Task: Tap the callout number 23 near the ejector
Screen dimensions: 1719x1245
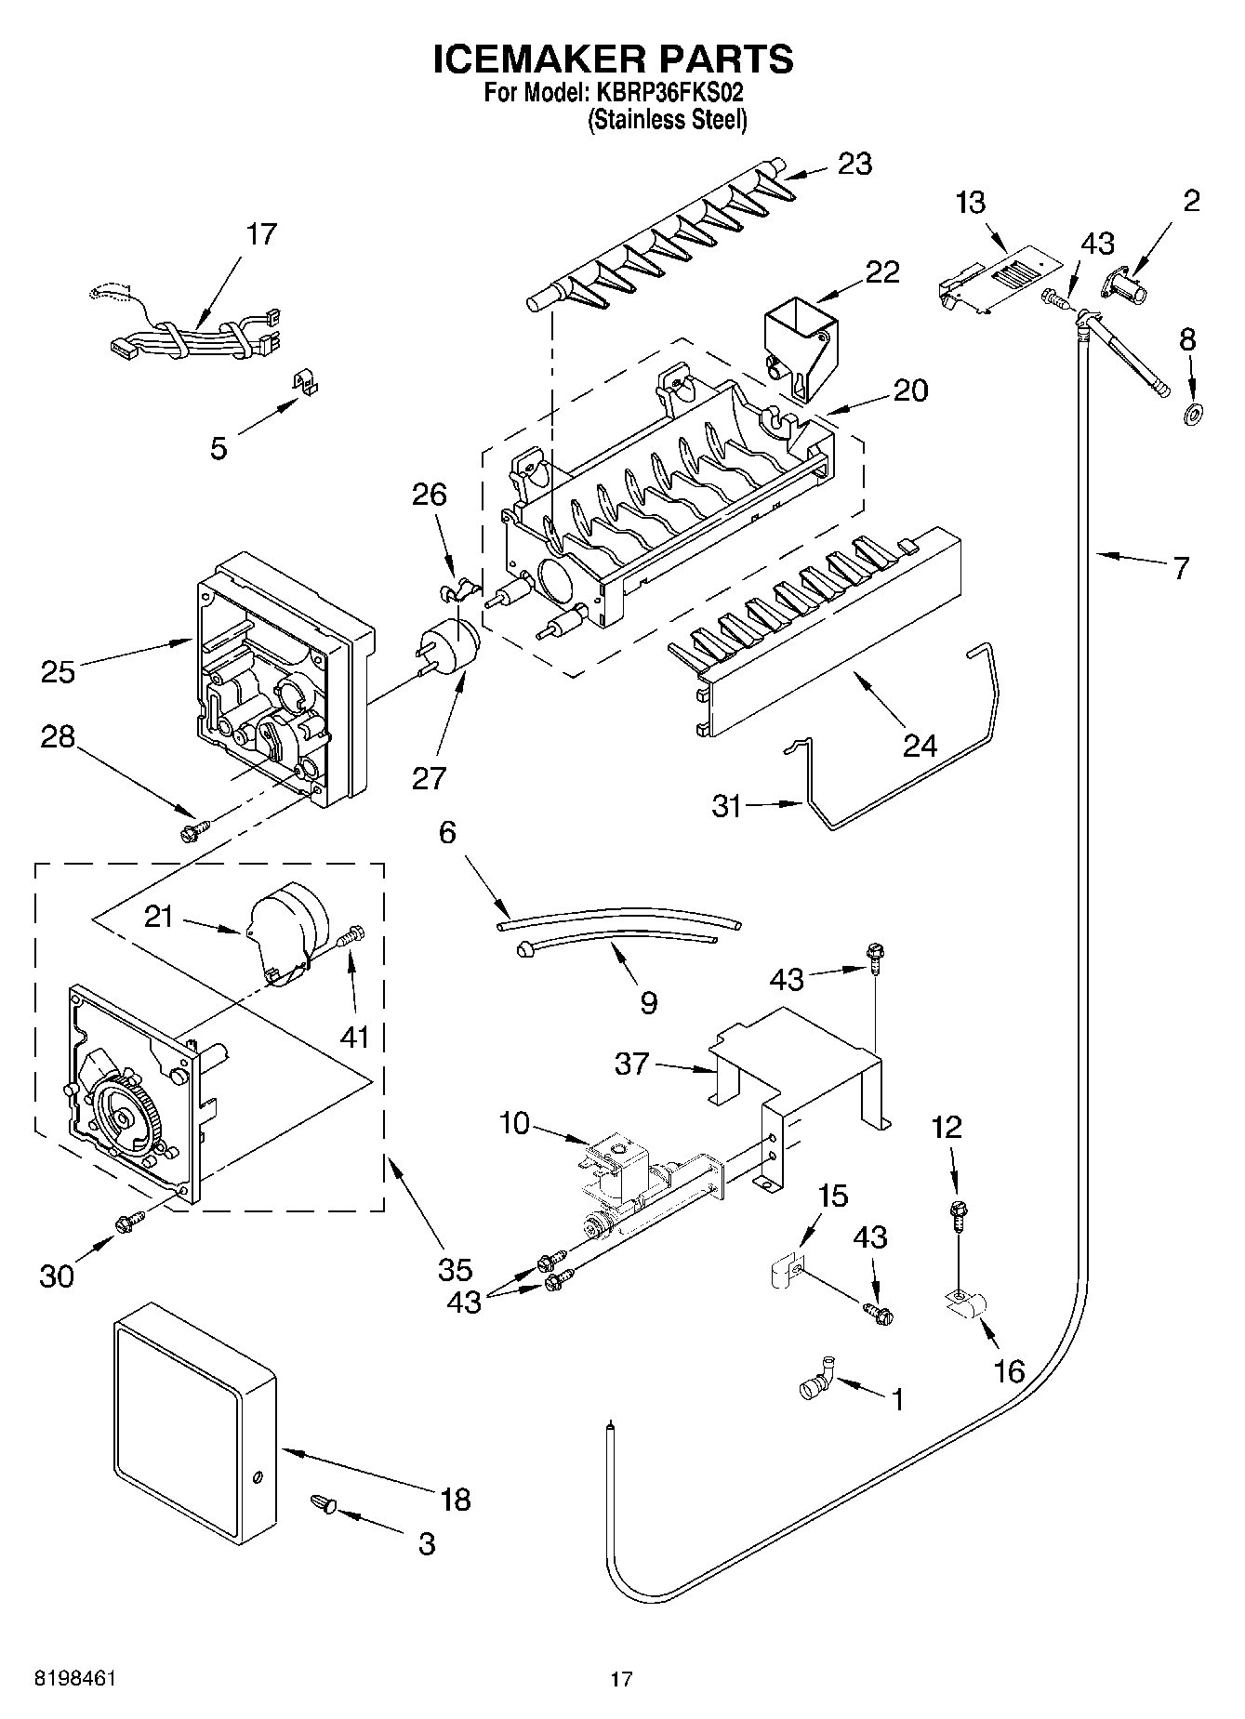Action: [x=854, y=164]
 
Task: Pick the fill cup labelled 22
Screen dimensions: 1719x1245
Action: [x=799, y=345]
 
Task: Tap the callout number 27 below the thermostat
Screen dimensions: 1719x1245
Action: [x=429, y=776]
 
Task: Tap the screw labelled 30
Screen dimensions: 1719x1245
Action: [x=129, y=1222]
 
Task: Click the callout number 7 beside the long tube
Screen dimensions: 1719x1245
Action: [x=1181, y=568]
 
